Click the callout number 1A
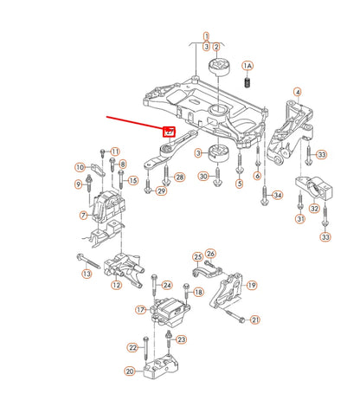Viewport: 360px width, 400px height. (x=247, y=66)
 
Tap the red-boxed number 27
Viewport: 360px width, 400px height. (x=170, y=132)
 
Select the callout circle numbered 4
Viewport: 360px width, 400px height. (x=297, y=93)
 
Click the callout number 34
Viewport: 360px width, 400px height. (x=277, y=195)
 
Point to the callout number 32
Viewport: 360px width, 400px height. (x=315, y=209)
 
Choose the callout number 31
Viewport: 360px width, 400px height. (x=299, y=219)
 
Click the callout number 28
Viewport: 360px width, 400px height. (x=180, y=177)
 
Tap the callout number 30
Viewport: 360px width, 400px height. (x=204, y=177)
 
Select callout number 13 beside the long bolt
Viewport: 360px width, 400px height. (x=87, y=274)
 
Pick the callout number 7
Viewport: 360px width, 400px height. (x=82, y=215)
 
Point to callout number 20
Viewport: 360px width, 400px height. (x=129, y=371)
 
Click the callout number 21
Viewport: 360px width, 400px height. (x=254, y=320)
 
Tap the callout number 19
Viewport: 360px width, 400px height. (x=252, y=285)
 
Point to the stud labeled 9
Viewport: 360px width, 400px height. (x=89, y=184)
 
